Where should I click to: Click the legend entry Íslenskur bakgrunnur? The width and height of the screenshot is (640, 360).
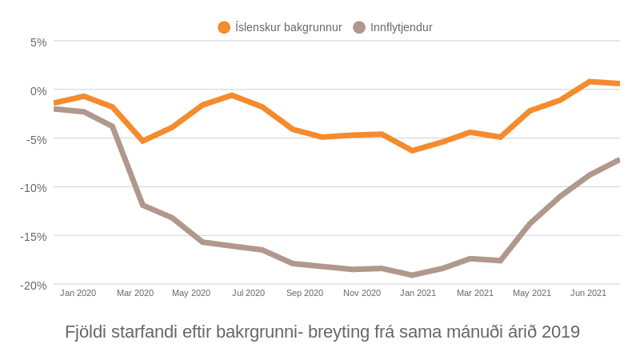[x=288, y=27]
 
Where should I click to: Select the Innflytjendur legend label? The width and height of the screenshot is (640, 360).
[x=401, y=27]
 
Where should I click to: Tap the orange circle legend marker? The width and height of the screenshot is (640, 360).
[x=224, y=27]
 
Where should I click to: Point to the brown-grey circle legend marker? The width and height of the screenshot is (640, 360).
[x=359, y=27]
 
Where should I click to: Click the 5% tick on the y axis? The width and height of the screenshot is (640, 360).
[x=38, y=42]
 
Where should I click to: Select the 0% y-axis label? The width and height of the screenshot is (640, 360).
[x=38, y=91]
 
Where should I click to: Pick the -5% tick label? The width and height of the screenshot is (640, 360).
[x=37, y=140]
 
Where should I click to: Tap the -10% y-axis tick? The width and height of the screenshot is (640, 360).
[x=34, y=188]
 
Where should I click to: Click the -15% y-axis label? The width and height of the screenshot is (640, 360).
[x=34, y=237]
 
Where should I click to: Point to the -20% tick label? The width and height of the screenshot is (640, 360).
[x=34, y=286]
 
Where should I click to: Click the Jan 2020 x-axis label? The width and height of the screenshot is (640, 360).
[x=78, y=293]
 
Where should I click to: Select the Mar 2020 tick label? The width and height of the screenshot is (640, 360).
[x=135, y=293]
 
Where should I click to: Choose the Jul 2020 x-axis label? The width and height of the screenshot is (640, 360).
[x=248, y=293]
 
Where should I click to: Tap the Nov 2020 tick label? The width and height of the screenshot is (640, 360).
[x=362, y=293]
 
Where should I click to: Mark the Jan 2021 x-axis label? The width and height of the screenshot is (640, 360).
[x=418, y=293]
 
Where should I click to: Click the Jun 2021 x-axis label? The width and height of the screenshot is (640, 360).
[x=588, y=293]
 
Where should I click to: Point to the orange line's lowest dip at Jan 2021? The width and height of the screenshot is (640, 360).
[x=412, y=150]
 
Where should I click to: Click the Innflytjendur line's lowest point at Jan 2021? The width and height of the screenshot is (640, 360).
[x=412, y=275]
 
